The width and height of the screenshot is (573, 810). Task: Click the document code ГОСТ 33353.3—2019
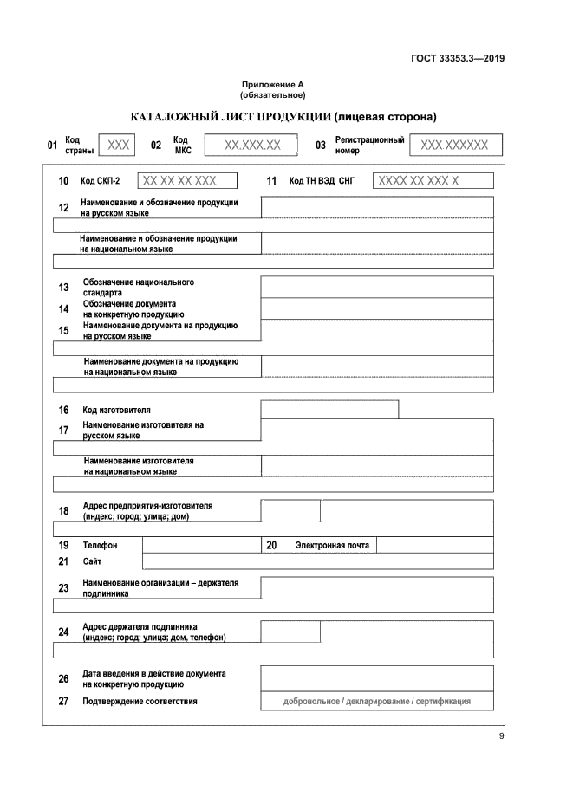click(x=457, y=59)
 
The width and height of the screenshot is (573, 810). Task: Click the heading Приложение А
click(x=273, y=85)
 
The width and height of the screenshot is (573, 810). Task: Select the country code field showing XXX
click(x=117, y=146)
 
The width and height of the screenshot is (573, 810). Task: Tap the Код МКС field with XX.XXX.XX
click(x=251, y=146)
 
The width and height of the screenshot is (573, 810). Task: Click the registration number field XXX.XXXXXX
click(x=455, y=146)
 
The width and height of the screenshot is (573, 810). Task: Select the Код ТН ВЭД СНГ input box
click(x=433, y=181)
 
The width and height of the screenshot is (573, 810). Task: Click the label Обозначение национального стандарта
click(x=139, y=288)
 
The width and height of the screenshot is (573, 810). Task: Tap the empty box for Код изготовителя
click(x=329, y=410)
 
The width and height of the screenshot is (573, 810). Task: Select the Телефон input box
click(x=201, y=546)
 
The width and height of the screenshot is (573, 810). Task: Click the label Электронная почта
click(x=332, y=546)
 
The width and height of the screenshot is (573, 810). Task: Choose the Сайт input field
click(x=317, y=561)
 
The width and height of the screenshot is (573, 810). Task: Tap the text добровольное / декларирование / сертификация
click(x=377, y=702)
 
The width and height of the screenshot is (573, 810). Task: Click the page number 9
click(x=501, y=736)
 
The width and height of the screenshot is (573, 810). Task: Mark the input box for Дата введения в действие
click(x=377, y=678)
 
